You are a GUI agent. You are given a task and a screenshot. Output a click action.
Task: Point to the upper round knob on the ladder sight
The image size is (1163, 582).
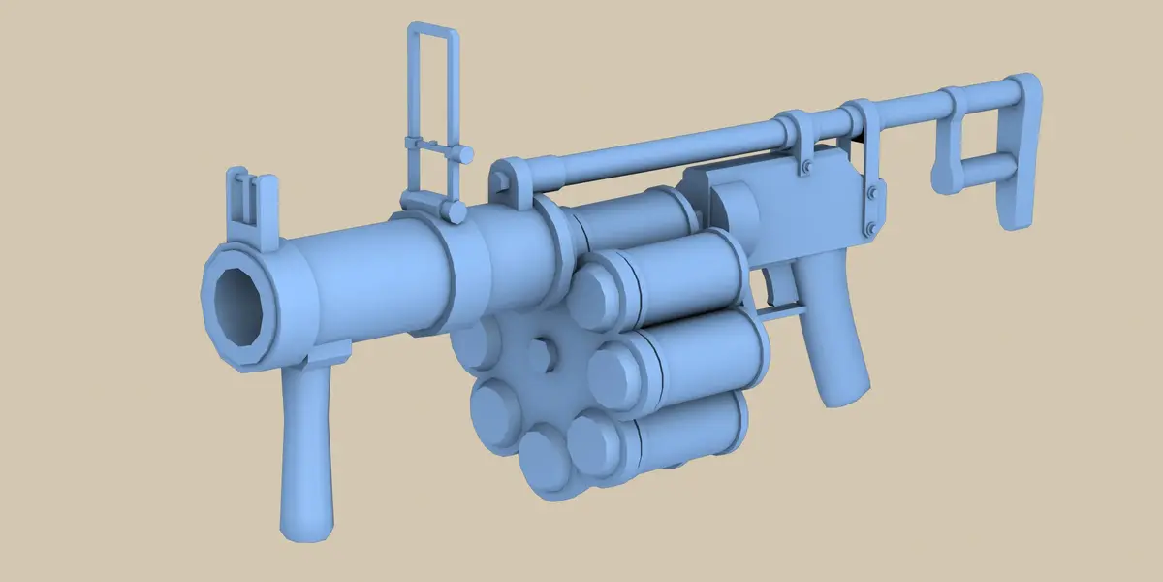pos(465,153)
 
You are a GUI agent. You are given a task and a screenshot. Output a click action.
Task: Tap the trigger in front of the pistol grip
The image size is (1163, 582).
pos(775,286)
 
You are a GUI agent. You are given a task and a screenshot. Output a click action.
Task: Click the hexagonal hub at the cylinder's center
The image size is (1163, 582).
pos(543,353)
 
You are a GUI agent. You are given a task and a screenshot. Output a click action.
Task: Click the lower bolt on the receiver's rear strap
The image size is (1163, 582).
pos(872,228)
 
